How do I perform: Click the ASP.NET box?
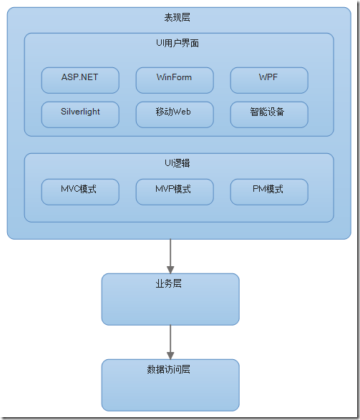[x=80, y=80]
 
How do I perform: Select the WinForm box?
[x=174, y=80]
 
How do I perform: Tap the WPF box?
[x=268, y=80]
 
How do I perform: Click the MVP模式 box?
[x=174, y=192]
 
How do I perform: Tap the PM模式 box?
[x=268, y=192]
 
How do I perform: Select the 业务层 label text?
[x=169, y=283]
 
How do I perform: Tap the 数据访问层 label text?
[x=169, y=369]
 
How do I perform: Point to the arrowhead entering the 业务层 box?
[x=170, y=269]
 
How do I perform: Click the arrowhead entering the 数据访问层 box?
[x=170, y=355]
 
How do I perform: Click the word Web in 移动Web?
[x=183, y=112]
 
